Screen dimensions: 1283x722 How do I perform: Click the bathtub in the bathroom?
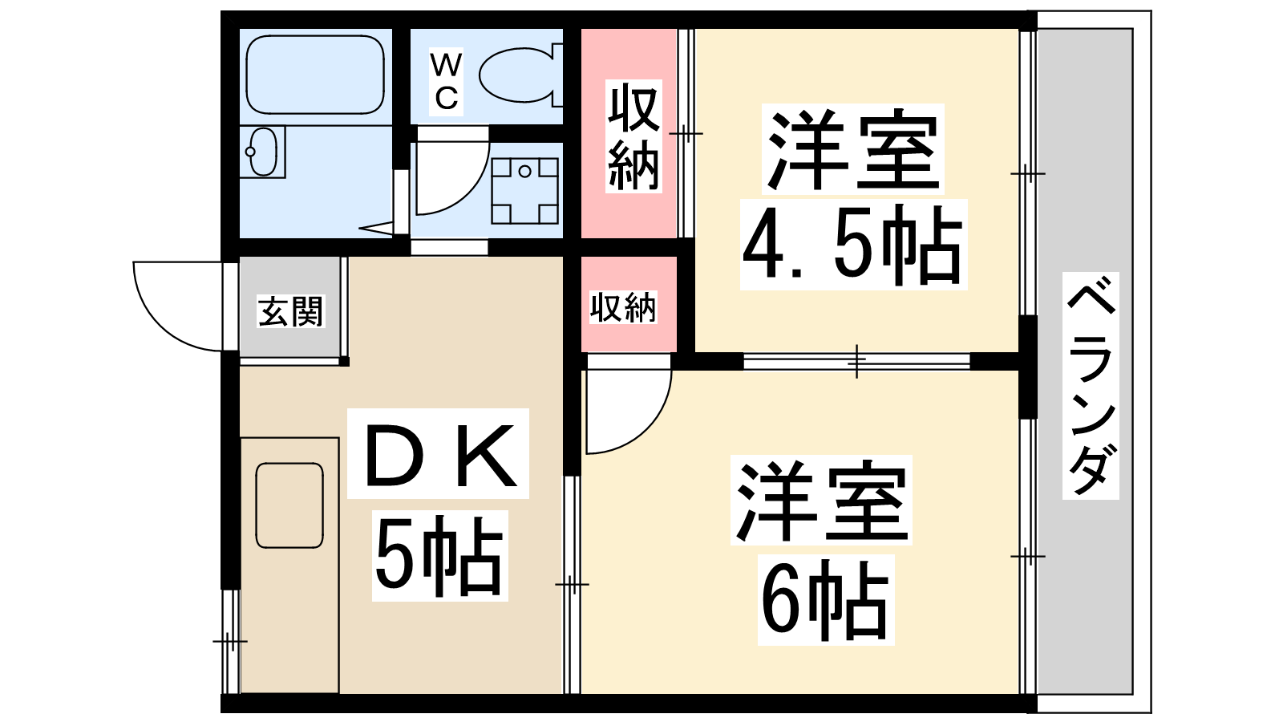pyautogui.click(x=315, y=75)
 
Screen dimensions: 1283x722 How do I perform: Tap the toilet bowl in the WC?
pyautogui.click(x=517, y=75)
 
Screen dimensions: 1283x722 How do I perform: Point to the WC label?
pyautogui.click(x=446, y=81)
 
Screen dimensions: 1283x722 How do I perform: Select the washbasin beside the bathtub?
pyautogui.click(x=264, y=152)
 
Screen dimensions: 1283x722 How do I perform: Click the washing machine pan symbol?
pyautogui.click(x=524, y=190)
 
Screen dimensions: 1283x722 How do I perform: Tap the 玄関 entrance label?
pyautogui.click(x=291, y=311)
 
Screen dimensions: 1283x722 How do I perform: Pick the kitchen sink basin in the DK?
pyautogui.click(x=289, y=505)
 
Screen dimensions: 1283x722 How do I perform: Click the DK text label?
pyautogui.click(x=439, y=454)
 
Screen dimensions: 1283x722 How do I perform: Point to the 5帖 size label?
pyautogui.click(x=440, y=557)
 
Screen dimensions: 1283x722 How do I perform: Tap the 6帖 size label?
pyautogui.click(x=825, y=600)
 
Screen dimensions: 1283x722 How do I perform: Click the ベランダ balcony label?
pyautogui.click(x=1091, y=386)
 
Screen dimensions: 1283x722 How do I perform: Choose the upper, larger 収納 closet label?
pyautogui.click(x=633, y=136)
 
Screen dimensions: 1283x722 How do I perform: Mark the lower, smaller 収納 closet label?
pyautogui.click(x=623, y=307)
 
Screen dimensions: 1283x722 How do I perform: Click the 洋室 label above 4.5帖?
pyautogui.click(x=853, y=149)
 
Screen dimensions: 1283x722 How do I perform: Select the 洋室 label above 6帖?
pyautogui.click(x=822, y=501)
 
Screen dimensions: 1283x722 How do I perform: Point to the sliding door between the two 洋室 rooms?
pyautogui.click(x=856, y=361)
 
